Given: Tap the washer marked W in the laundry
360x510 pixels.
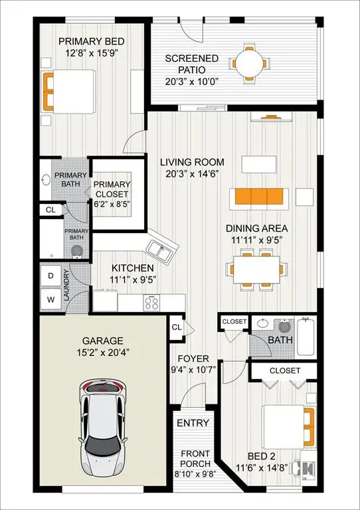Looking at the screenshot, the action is [50, 299].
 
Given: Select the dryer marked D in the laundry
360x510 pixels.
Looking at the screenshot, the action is [50, 276].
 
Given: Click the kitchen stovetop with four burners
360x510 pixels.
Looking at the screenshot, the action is [151, 303].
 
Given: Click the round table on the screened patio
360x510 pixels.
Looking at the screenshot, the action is [250, 63].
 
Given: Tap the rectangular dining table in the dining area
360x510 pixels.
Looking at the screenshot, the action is [256, 270].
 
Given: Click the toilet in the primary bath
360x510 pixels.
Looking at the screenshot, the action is [77, 252].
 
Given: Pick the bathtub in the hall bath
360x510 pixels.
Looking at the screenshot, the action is [306, 337].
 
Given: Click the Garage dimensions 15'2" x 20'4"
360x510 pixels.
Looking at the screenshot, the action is [103, 353].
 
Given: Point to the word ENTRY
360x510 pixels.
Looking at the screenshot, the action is [193, 423].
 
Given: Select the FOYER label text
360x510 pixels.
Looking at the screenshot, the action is [193, 359].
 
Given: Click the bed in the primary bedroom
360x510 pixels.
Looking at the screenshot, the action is [69, 92].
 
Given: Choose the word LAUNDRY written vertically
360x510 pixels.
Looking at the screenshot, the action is [66, 286].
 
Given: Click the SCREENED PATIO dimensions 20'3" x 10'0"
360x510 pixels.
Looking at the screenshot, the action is [191, 81].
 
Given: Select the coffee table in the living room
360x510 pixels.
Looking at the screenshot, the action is [259, 164].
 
